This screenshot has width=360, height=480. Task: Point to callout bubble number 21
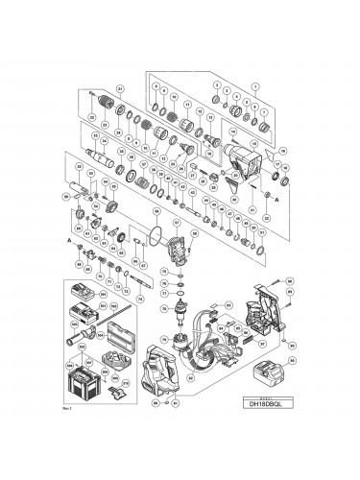[x=118, y=89]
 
